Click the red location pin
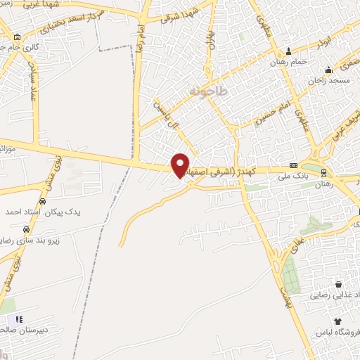(181, 165)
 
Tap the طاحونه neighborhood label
(207, 92)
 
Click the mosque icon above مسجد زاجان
(328, 70)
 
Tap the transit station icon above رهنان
(323, 172)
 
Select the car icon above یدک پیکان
(42, 201)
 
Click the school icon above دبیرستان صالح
(20, 319)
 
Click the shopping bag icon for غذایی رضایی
(338, 285)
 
